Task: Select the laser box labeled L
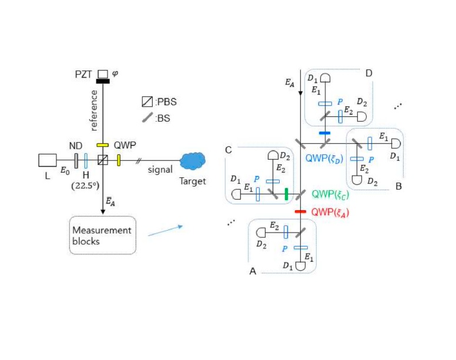click(x=48, y=160)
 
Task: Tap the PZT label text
click(x=86, y=75)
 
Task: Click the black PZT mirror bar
click(x=103, y=82)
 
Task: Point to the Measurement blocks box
click(x=102, y=235)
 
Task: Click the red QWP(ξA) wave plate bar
click(x=300, y=211)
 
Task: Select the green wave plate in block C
click(x=286, y=194)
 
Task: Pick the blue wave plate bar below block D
click(x=324, y=133)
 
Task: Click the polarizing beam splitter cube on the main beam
click(x=103, y=160)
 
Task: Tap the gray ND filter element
click(x=77, y=160)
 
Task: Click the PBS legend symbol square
click(x=146, y=102)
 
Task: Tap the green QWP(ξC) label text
click(x=330, y=194)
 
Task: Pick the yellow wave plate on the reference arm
click(x=103, y=144)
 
